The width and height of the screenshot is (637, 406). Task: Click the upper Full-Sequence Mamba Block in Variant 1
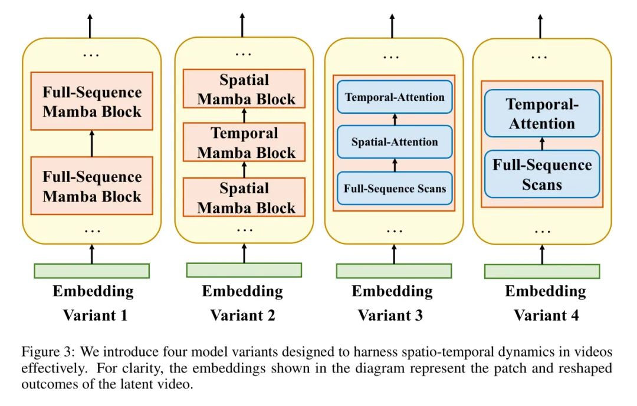(x=92, y=101)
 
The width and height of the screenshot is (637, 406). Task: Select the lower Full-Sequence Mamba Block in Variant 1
(x=92, y=186)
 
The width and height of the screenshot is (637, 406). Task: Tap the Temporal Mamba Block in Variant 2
(x=244, y=143)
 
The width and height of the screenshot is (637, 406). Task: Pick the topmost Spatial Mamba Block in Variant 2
(x=244, y=89)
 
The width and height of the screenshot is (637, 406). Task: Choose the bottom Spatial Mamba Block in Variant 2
(x=244, y=197)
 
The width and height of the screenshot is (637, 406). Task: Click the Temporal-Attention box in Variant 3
(x=395, y=97)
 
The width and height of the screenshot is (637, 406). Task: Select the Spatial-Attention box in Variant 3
(x=395, y=142)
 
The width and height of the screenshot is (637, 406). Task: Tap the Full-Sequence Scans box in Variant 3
(x=395, y=189)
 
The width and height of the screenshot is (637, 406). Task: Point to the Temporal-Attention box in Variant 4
(x=541, y=114)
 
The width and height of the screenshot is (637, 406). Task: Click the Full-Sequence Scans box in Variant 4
(x=541, y=174)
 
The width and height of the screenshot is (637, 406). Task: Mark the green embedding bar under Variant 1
(x=92, y=270)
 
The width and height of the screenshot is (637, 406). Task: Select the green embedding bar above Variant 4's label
(x=542, y=271)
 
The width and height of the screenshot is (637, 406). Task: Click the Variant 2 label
(x=242, y=315)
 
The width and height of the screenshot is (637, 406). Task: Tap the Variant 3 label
(x=390, y=315)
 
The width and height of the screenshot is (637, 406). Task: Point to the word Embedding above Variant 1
(x=93, y=291)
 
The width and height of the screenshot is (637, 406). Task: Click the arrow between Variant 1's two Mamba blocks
(x=91, y=144)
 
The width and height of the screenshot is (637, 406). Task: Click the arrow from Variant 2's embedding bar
(x=244, y=253)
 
